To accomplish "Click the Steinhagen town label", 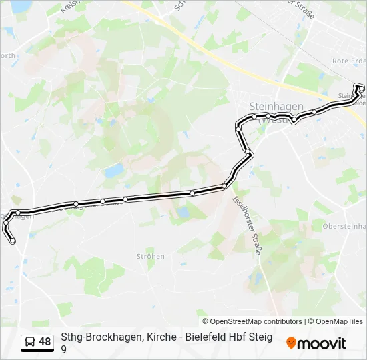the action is [276, 107].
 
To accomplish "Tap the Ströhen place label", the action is [150, 257].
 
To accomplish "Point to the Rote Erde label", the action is [349, 61].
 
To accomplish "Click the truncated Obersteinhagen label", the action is [344, 227].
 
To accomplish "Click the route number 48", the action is [45, 342].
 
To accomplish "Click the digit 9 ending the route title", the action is [64, 349].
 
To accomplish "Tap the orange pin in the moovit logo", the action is [291, 343].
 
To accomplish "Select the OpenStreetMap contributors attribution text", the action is [252, 321].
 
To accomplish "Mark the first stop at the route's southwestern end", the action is [13, 241].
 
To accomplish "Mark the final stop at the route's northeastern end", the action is [361, 88].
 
